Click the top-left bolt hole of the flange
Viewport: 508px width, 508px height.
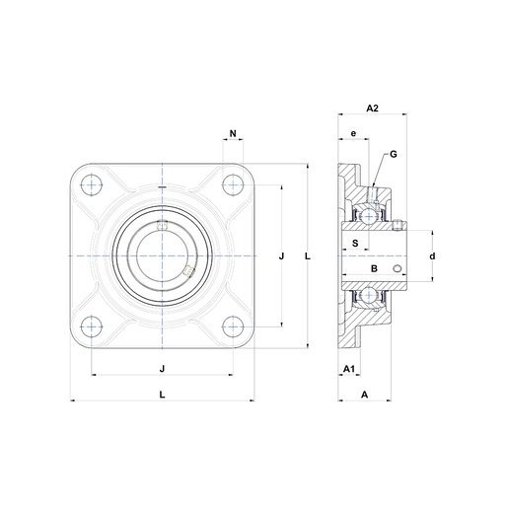(x=91, y=184)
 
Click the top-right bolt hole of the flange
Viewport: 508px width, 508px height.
(x=233, y=184)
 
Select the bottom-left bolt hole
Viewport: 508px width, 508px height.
(x=91, y=327)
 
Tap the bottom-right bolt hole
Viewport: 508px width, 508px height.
(x=233, y=327)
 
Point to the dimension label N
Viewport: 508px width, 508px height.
(x=233, y=133)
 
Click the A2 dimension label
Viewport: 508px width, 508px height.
(x=372, y=108)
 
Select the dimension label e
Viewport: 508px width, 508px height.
(x=353, y=133)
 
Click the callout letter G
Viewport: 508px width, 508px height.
(x=394, y=154)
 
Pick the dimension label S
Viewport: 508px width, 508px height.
(x=355, y=244)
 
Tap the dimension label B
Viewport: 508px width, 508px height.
(x=374, y=268)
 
